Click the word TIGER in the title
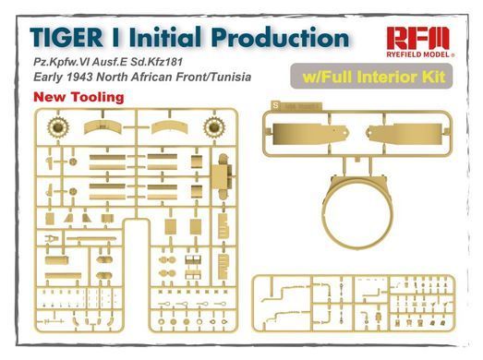[66, 37]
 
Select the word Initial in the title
[165, 37]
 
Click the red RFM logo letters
[418, 39]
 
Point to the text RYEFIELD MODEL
[418, 54]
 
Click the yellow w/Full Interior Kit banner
[371, 77]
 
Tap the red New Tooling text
[78, 97]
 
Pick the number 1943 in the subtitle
[78, 77]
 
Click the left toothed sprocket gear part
[58, 126]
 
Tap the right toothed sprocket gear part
[214, 126]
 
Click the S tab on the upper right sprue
[276, 105]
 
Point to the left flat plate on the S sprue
[310, 134]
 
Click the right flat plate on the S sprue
[404, 134]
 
